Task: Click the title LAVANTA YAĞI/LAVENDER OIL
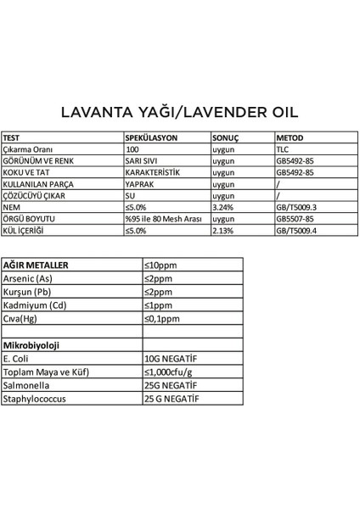[x=179, y=113]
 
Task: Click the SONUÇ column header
[x=227, y=137]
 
